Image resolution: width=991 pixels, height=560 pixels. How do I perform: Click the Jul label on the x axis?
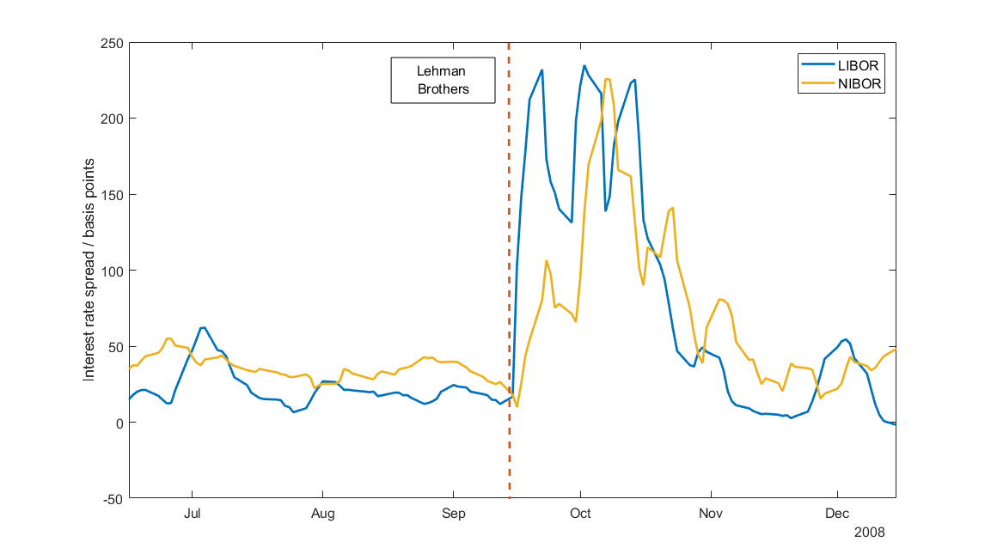click(x=193, y=514)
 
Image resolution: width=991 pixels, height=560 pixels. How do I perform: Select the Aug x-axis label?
click(x=322, y=514)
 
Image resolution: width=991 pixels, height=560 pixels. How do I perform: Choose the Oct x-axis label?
click(x=581, y=514)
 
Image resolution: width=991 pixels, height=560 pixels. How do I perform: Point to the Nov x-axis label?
click(x=711, y=514)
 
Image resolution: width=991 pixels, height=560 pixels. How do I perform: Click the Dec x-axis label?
click(x=837, y=514)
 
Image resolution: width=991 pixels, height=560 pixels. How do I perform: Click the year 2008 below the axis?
click(x=868, y=532)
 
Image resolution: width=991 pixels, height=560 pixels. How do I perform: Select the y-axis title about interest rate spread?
click(x=89, y=271)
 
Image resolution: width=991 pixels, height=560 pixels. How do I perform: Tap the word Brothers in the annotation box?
click(x=443, y=89)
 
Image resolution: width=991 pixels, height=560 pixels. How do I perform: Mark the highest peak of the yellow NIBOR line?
click(x=607, y=80)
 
